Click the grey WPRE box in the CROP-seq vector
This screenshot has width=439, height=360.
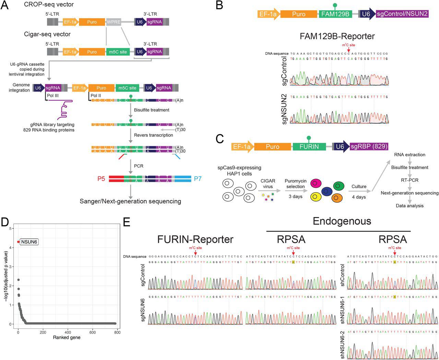click(x=114, y=22)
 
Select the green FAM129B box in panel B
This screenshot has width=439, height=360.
click(x=335, y=14)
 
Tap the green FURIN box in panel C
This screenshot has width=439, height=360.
click(x=309, y=147)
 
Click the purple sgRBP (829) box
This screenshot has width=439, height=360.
click(x=369, y=147)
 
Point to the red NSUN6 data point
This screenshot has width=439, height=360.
click(x=18, y=242)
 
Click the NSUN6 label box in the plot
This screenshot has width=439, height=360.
click(x=29, y=242)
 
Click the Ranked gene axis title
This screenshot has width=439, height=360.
click(x=67, y=338)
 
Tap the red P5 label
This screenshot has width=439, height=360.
click(x=101, y=179)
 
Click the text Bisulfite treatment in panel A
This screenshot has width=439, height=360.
click(x=152, y=110)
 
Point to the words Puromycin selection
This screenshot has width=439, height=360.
click(x=295, y=184)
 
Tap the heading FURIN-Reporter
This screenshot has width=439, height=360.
click(x=195, y=239)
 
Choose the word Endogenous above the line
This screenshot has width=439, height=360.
click(x=342, y=221)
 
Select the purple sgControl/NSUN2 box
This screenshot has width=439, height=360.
click(x=402, y=14)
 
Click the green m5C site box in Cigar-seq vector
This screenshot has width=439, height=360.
click(x=118, y=52)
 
